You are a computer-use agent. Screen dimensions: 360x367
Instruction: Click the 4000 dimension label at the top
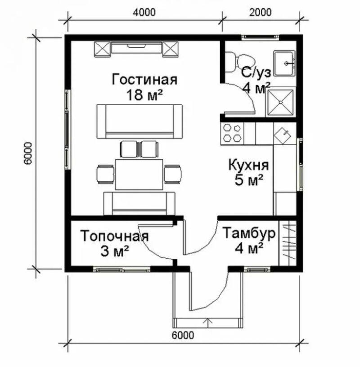(x=144, y=13)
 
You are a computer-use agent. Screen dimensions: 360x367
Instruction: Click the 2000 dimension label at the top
(x=260, y=13)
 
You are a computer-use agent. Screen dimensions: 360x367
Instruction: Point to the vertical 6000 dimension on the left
(x=28, y=153)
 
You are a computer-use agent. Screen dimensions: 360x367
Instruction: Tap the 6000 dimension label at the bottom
(x=183, y=335)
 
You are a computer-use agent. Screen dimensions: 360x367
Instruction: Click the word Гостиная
(x=144, y=80)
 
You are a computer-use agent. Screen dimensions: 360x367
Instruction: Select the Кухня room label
(x=248, y=165)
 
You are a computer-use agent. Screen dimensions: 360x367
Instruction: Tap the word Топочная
(x=115, y=236)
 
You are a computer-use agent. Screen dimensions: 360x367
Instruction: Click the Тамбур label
(x=249, y=233)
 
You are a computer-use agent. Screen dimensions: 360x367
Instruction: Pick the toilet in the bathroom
(x=239, y=62)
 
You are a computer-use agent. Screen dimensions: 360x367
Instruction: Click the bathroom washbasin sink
(x=284, y=63)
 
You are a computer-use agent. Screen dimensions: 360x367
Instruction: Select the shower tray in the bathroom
(x=280, y=103)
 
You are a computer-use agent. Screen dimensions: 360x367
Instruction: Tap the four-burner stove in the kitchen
(x=232, y=133)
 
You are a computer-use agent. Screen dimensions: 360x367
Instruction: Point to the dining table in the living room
(x=139, y=174)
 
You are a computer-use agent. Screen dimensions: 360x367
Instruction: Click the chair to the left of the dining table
(x=105, y=174)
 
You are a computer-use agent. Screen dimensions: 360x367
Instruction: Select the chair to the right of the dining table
(x=173, y=174)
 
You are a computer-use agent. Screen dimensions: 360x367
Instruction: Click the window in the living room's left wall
(x=67, y=130)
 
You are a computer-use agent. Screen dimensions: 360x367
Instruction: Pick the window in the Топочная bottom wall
(x=121, y=269)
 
